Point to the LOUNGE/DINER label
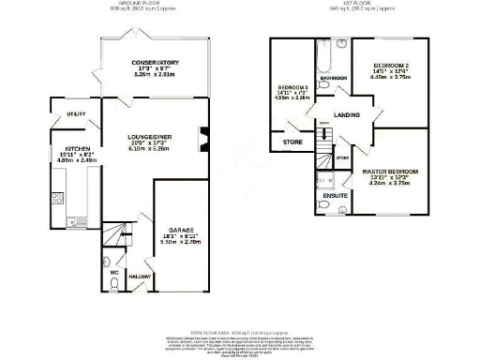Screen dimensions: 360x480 [148, 138]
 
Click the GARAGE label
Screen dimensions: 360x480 [182, 229]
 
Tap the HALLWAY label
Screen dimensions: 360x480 [139, 278]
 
